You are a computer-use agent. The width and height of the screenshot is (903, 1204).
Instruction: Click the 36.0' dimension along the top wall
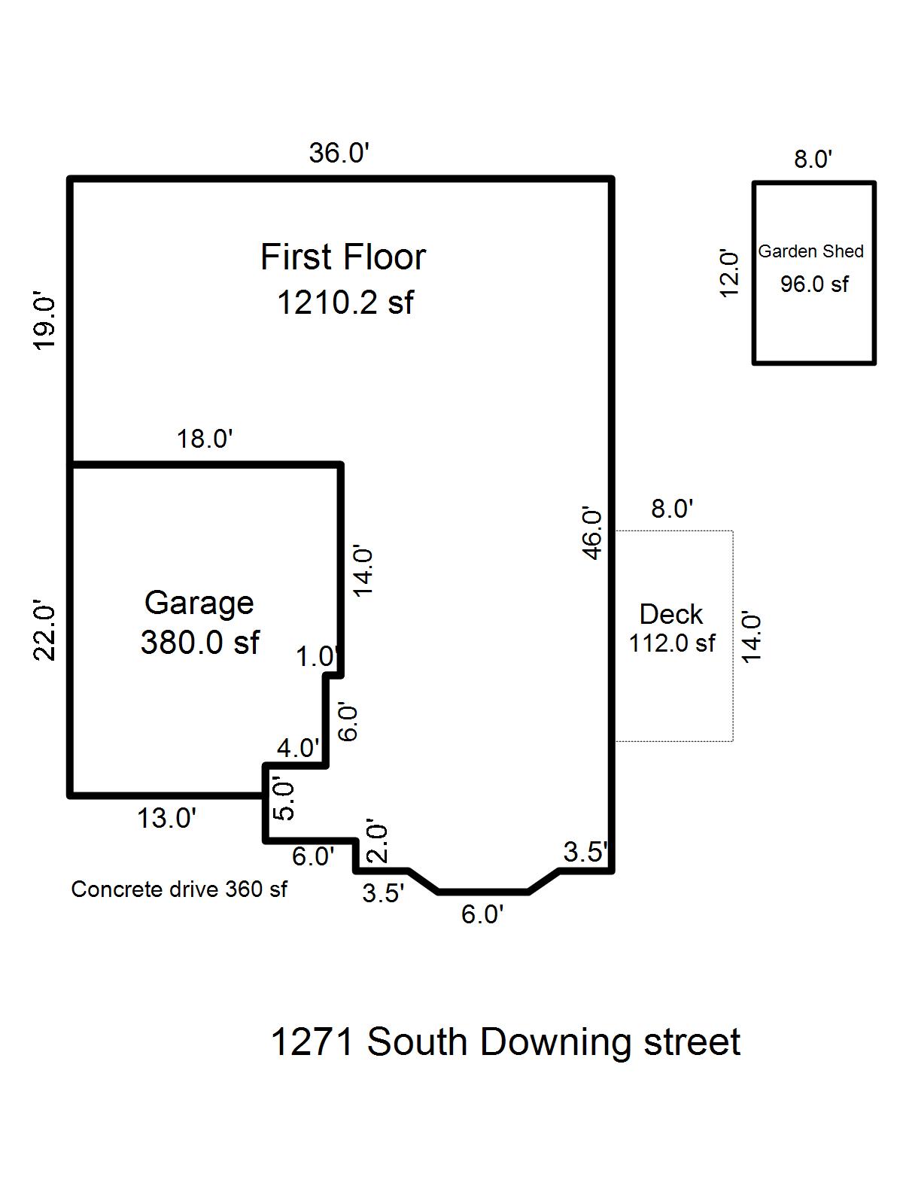(339, 154)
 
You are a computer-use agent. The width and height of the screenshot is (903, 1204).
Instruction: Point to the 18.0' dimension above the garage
(205, 438)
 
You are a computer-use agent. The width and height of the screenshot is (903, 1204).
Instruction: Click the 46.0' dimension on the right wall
(593, 534)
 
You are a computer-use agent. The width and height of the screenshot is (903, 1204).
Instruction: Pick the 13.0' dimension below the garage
(166, 818)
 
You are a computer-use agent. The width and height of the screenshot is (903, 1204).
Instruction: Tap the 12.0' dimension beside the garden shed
(729, 273)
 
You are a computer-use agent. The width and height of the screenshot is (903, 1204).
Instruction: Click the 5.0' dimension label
(284, 799)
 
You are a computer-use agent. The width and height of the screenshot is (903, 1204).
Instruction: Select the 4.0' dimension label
(298, 748)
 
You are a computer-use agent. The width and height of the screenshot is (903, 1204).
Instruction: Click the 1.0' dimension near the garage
(315, 657)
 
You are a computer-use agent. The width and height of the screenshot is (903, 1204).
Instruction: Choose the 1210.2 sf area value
(345, 303)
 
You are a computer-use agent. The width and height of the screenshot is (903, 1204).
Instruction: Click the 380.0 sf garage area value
(199, 643)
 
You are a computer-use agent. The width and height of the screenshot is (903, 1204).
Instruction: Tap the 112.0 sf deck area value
(672, 643)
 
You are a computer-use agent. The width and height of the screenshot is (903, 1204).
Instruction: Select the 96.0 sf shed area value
(814, 284)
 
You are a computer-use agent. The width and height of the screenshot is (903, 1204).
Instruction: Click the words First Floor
(343, 257)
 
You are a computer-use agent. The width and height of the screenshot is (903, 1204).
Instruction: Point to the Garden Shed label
(810, 251)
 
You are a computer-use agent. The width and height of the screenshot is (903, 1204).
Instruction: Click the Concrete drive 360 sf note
(179, 889)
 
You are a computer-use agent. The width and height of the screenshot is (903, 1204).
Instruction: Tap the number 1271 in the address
(312, 1043)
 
